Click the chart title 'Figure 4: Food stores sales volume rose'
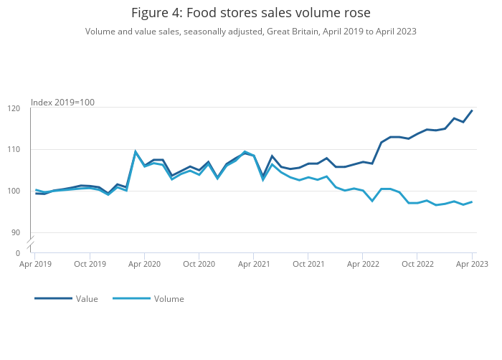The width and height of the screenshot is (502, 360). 250,13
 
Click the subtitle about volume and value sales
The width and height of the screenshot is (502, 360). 250,32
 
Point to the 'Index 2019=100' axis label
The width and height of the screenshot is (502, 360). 62,103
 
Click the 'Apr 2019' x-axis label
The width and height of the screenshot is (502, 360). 35,264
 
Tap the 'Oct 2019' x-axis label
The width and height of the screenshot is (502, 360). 90,264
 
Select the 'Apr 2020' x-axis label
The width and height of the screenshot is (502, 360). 144,264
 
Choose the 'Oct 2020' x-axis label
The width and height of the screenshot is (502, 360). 199,264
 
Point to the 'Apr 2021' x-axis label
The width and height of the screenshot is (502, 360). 253,264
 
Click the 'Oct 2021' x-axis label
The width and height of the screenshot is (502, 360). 308,264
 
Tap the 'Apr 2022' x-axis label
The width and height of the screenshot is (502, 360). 363,264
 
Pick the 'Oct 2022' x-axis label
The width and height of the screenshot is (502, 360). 417,264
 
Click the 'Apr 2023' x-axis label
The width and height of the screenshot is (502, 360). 472,264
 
